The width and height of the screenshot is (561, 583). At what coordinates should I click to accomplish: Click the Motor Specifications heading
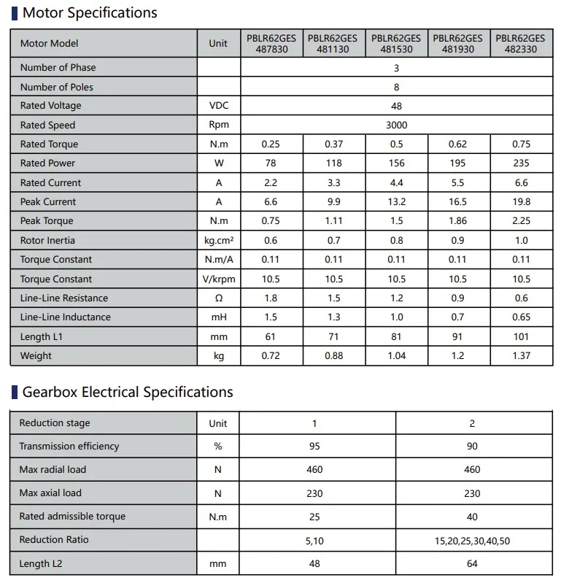[89, 12]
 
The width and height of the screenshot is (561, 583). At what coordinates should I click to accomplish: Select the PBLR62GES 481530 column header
[396, 44]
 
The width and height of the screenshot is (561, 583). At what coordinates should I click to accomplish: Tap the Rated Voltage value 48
[396, 106]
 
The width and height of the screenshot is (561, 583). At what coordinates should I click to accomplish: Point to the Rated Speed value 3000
[396, 125]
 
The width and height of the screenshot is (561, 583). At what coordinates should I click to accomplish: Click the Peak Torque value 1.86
[458, 221]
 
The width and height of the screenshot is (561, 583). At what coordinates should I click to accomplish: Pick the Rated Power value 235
[521, 163]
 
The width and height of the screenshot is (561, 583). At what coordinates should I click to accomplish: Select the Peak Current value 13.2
[396, 202]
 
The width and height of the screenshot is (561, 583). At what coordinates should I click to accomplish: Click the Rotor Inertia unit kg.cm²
[218, 241]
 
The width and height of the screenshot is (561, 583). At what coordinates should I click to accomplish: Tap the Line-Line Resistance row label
[64, 298]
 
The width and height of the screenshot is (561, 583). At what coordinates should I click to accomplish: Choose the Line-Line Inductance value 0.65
[521, 317]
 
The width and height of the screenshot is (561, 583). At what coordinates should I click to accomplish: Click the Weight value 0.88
[333, 356]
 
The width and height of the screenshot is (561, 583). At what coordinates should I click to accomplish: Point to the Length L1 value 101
[521, 336]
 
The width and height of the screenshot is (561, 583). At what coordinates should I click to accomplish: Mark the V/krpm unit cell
[218, 279]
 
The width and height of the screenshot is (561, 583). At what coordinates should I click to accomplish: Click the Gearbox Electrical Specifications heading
[128, 392]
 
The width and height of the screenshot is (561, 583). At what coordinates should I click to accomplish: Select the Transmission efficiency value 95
[314, 447]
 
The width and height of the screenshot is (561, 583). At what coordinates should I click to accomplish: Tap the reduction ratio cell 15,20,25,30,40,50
[472, 541]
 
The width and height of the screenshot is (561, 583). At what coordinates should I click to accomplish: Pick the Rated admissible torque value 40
[472, 517]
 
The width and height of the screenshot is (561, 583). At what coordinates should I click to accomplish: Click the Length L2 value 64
[472, 564]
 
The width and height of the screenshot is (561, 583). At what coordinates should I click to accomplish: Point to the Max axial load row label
[50, 493]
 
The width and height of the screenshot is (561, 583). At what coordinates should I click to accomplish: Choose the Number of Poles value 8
[396, 87]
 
